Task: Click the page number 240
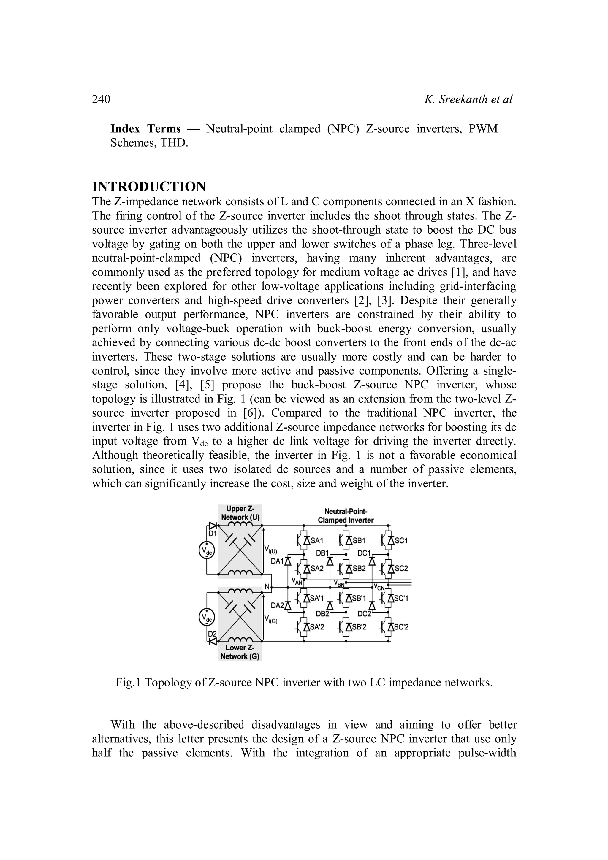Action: [x=101, y=99]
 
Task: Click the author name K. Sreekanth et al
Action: [x=468, y=99]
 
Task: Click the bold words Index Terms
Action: [x=145, y=129]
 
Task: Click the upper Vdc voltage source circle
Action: [x=206, y=550]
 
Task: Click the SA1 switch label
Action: [x=317, y=540]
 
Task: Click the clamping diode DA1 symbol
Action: [x=288, y=561]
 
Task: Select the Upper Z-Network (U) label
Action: [x=240, y=513]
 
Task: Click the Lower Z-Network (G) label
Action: [x=240, y=652]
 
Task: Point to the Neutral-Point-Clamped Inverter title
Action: [x=346, y=516]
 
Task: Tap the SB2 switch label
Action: [x=359, y=568]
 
